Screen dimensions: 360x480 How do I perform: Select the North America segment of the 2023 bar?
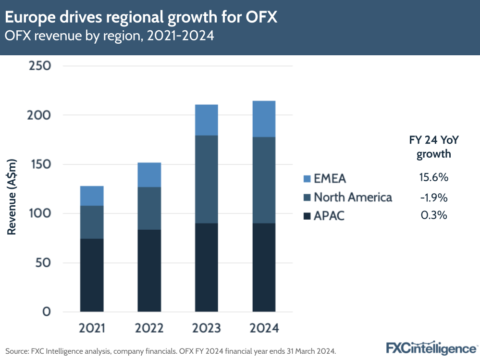click(x=207, y=179)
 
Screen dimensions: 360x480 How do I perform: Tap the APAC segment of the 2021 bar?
click(x=92, y=275)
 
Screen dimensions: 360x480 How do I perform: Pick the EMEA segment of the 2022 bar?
click(x=149, y=174)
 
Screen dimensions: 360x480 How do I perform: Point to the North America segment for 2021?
click(x=92, y=222)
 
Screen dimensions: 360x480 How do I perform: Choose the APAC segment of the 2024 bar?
click(x=264, y=267)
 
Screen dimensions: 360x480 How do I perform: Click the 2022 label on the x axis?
click(x=149, y=328)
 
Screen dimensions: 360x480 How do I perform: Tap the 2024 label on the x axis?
click(x=264, y=328)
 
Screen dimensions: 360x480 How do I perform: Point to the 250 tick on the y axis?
click(x=40, y=66)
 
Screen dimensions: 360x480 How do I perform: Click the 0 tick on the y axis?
click(x=47, y=312)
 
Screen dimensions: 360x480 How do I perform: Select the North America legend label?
click(x=353, y=197)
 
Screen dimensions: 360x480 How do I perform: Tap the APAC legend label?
click(x=329, y=216)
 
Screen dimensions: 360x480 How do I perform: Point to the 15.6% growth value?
click(x=433, y=177)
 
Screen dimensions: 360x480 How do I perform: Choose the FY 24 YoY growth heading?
click(x=433, y=147)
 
